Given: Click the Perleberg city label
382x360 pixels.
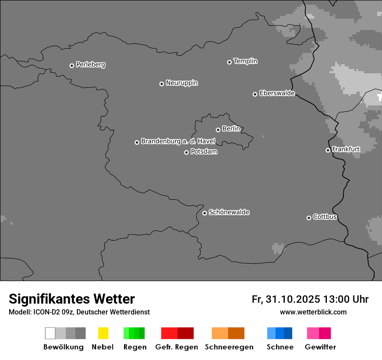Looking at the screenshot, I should click(x=90, y=65).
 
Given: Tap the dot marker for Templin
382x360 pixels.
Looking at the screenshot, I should click(x=229, y=62).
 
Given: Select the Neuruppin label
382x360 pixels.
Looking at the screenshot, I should click(x=181, y=83).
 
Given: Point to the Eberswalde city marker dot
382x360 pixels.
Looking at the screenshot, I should click(x=255, y=94).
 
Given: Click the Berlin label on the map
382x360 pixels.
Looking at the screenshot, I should click(x=231, y=129).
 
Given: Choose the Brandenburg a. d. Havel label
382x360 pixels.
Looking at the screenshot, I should click(x=178, y=141).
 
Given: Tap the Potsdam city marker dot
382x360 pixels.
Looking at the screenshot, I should click(x=186, y=152).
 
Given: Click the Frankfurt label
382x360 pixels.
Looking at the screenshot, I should click(x=346, y=149).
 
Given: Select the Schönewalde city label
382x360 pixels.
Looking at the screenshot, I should click(x=229, y=212).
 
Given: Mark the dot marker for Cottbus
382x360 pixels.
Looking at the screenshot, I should click(x=309, y=218).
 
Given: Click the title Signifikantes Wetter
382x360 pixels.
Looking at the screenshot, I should click(x=72, y=299).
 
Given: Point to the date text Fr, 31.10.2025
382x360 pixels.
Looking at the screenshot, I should click(x=286, y=299).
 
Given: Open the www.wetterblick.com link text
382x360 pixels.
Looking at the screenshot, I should click(x=313, y=312).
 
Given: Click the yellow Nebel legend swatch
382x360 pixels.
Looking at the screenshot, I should click(x=103, y=333).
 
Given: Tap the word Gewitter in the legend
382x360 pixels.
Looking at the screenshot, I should click(x=320, y=347).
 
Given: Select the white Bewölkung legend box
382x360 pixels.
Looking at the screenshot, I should click(x=50, y=333).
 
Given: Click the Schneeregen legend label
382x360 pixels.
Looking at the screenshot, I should click(x=229, y=347).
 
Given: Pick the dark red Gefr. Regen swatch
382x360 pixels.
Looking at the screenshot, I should click(x=185, y=333).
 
